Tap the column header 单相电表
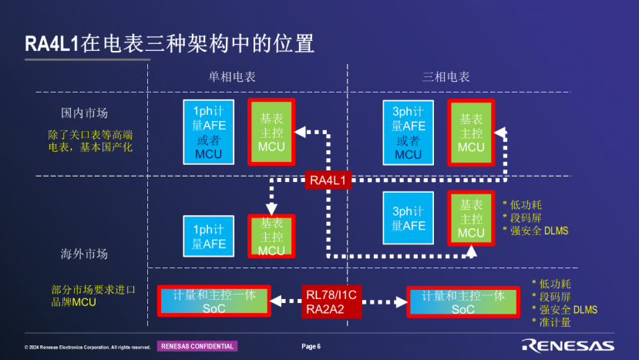point(233,77)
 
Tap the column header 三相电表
point(446,77)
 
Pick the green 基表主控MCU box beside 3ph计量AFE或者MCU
point(471,133)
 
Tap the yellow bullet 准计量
point(556,322)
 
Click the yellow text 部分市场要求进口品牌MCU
point(92,296)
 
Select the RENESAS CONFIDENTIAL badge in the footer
point(197,346)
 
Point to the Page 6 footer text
point(311,346)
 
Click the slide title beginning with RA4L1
point(170,43)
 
